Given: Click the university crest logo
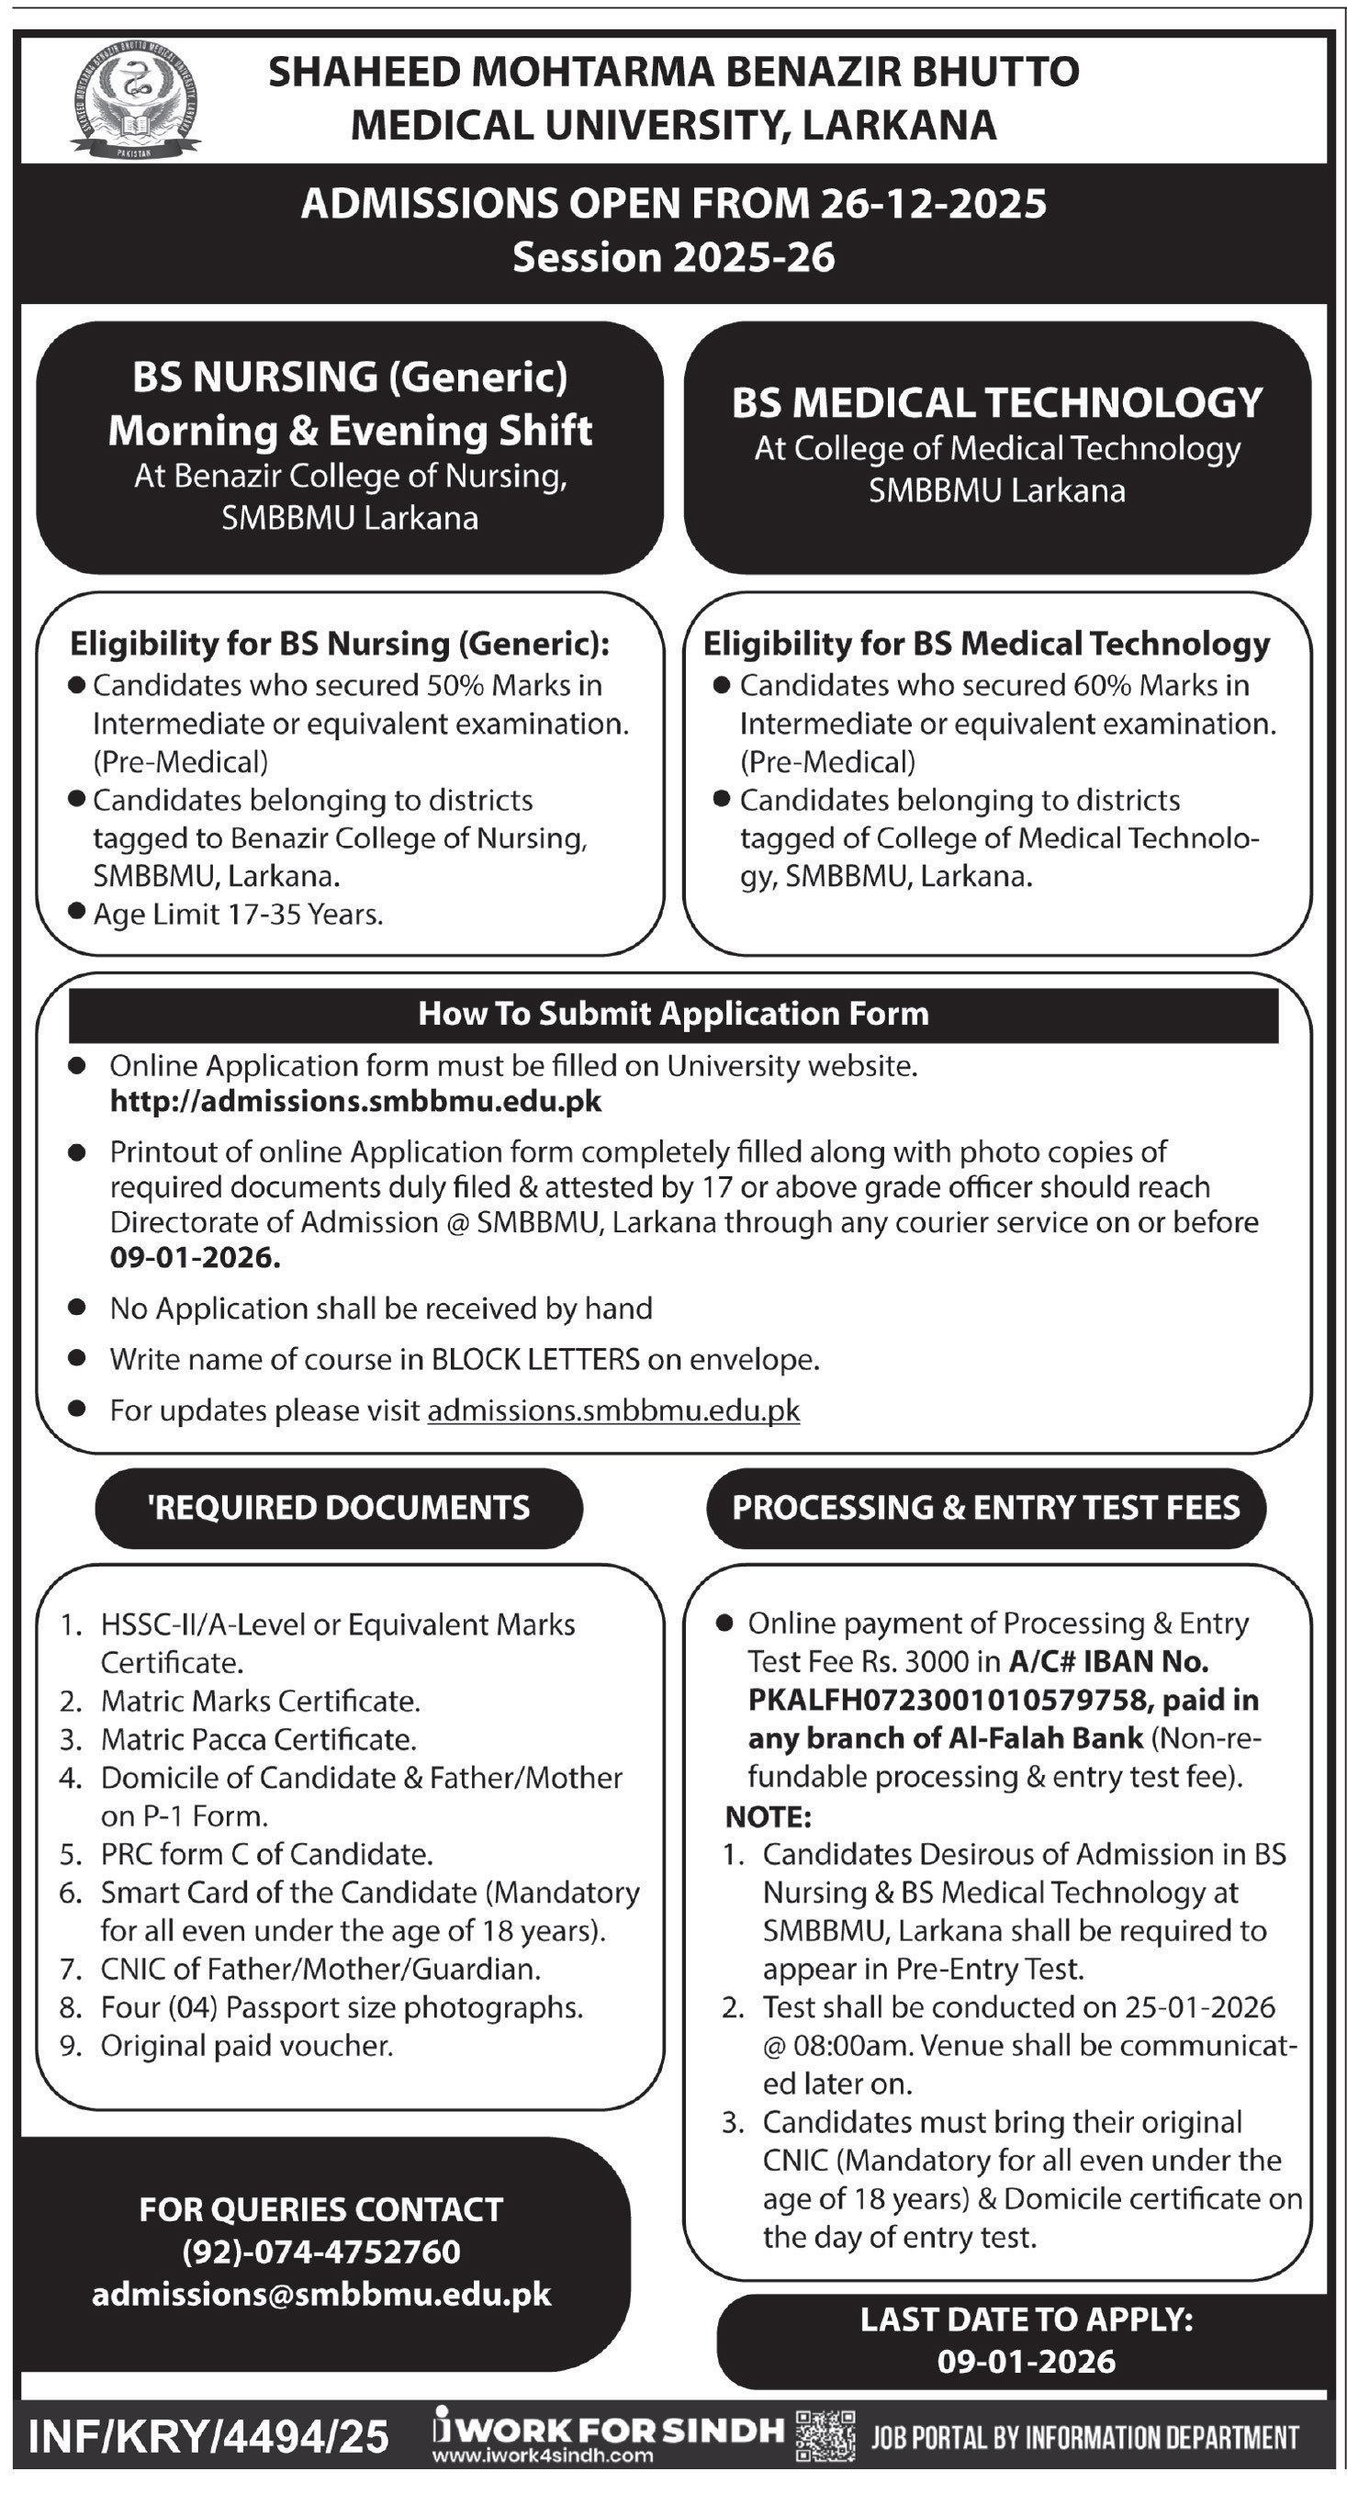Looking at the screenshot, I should click(x=136, y=96).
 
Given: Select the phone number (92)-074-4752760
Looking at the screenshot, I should click(x=321, y=2252).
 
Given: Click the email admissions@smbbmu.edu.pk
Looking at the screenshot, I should click(x=321, y=2296).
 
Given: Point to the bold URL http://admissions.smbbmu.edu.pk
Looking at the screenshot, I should click(x=355, y=1102).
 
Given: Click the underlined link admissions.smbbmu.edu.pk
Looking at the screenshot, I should click(x=614, y=1410).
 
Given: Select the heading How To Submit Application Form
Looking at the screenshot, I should click(x=673, y=1014).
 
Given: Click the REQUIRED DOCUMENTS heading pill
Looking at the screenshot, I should click(x=339, y=1508).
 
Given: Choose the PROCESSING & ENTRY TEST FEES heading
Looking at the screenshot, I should click(x=986, y=1508).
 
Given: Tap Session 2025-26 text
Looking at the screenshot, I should click(x=673, y=257).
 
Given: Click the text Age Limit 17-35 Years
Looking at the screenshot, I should click(x=238, y=915).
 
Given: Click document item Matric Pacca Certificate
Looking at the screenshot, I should click(x=259, y=1740).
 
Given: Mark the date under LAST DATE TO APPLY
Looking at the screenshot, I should click(x=1027, y=2363).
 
